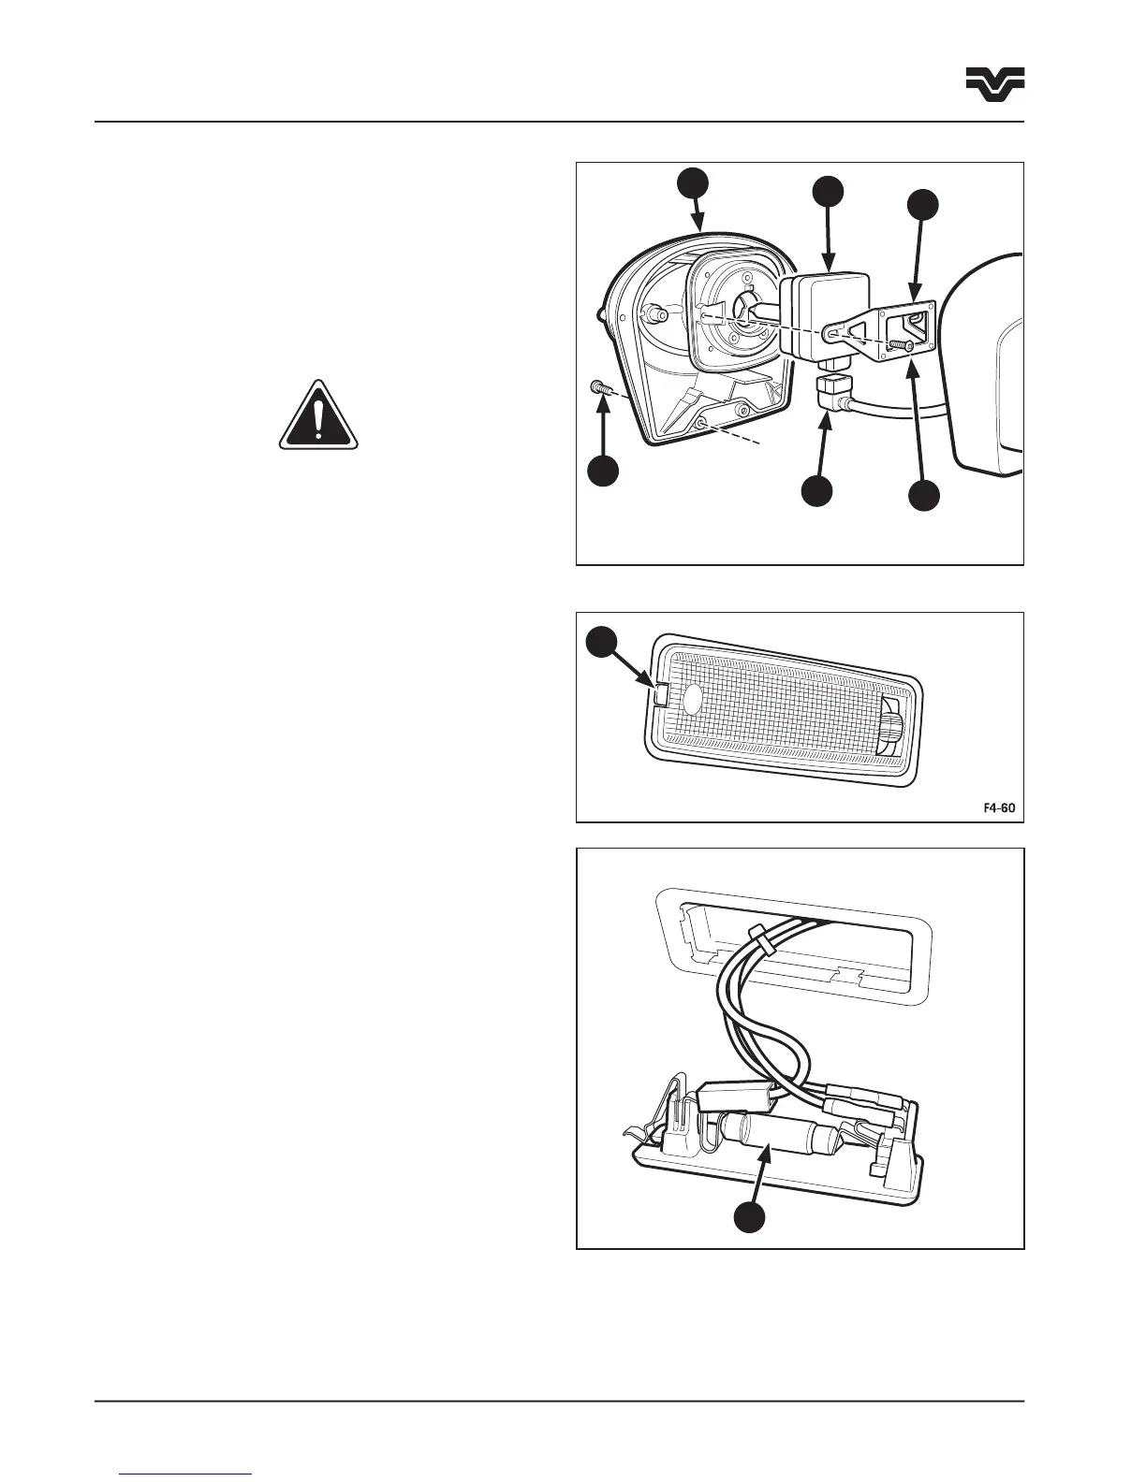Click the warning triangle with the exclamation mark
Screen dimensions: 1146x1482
[318, 416]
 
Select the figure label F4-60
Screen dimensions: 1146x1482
[998, 806]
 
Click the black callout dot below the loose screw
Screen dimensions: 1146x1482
[603, 471]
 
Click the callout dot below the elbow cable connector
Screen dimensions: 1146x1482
[817, 492]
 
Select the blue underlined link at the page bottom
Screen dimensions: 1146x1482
[187, 1475]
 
